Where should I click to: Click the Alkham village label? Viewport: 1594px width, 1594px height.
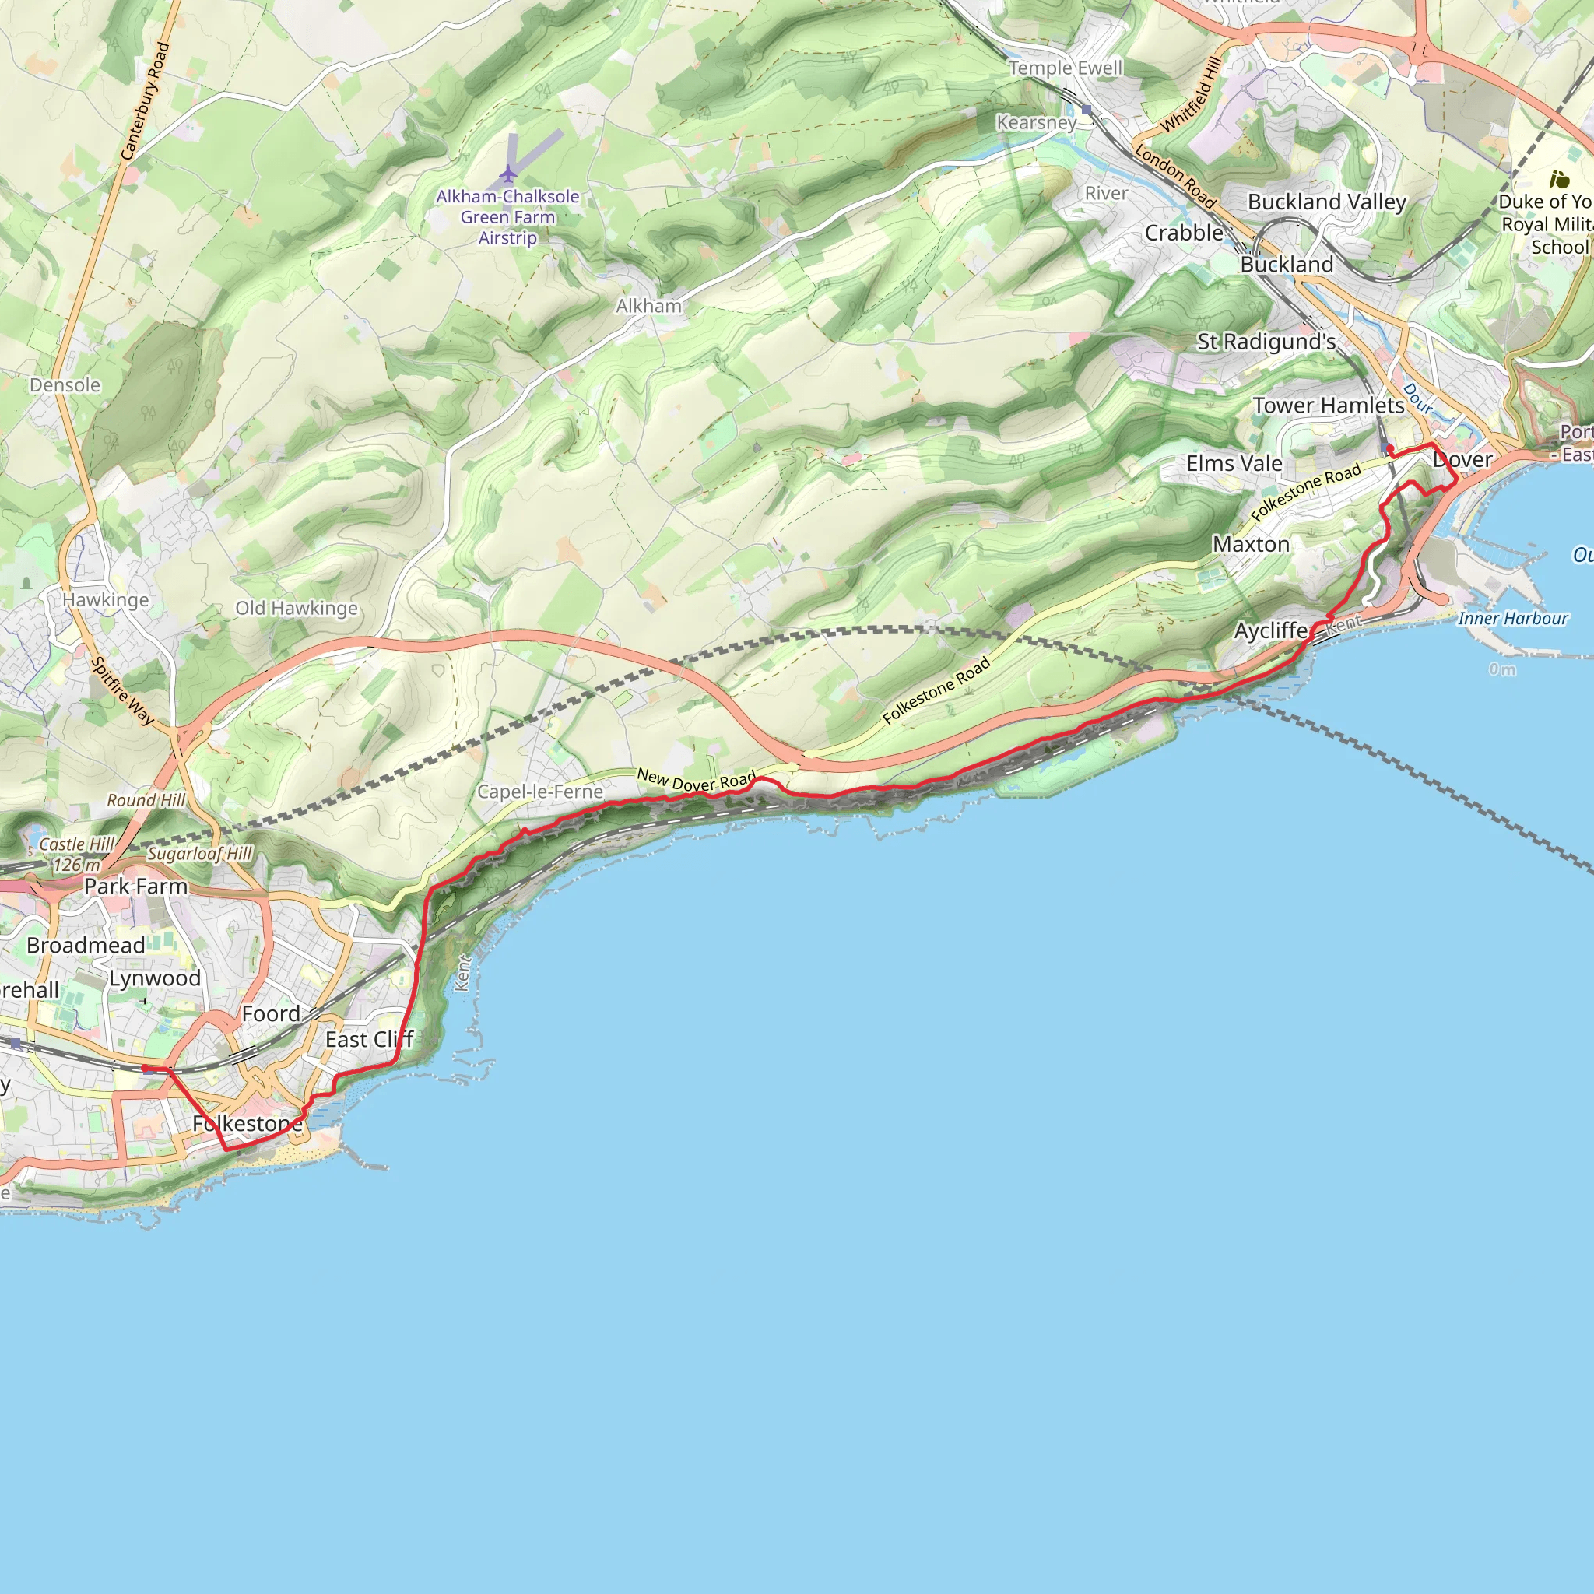point(648,306)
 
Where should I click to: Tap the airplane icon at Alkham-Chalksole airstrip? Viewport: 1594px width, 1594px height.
point(508,174)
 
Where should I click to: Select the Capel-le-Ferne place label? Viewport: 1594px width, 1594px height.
point(540,792)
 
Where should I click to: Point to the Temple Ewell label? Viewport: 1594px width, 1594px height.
point(1066,68)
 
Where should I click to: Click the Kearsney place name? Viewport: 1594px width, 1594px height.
point(1036,122)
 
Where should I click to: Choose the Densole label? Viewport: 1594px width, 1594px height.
point(65,385)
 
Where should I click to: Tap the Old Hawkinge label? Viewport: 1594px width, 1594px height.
point(297,608)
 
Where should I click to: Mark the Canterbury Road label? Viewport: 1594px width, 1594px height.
point(146,100)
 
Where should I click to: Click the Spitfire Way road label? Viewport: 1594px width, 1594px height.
point(123,690)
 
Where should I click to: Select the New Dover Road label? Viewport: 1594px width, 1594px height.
point(697,781)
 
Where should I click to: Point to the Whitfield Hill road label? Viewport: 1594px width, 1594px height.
point(1191,95)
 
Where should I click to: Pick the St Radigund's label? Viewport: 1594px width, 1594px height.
point(1266,342)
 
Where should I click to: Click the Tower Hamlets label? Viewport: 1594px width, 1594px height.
point(1329,405)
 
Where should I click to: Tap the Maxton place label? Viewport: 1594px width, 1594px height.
point(1251,545)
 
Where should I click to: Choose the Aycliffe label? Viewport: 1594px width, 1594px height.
point(1270,631)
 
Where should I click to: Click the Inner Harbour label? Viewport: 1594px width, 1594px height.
point(1512,618)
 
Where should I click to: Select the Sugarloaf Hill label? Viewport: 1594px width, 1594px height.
point(200,854)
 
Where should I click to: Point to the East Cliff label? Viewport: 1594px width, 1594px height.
point(369,1040)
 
